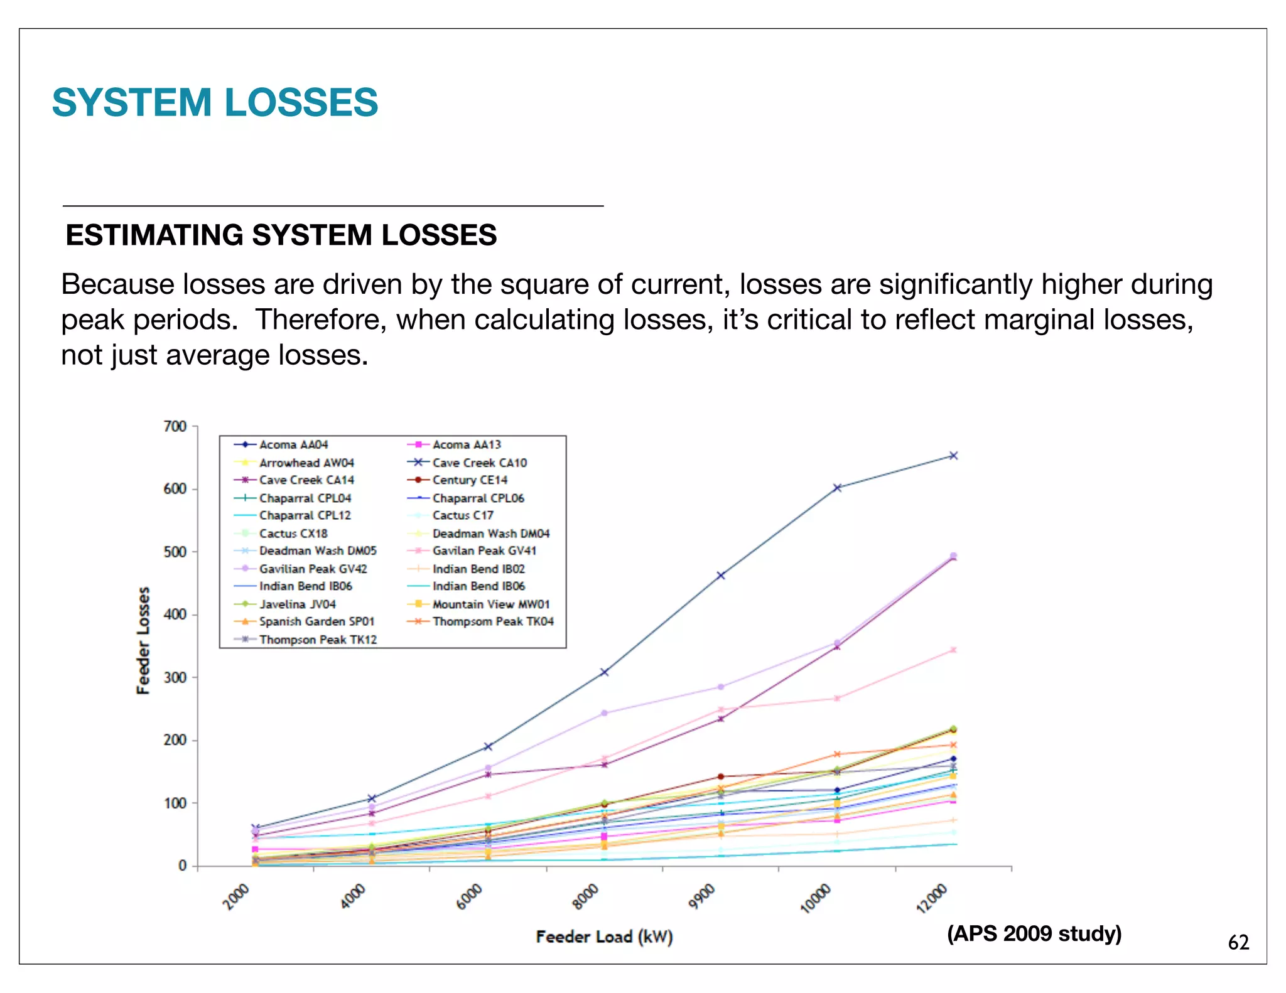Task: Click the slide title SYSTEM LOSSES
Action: click(215, 102)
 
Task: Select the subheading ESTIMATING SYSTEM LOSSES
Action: click(281, 235)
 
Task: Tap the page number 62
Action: click(1238, 942)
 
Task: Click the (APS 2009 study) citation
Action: click(1034, 933)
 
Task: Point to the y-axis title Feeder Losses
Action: click(144, 640)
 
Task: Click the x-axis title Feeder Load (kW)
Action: click(604, 937)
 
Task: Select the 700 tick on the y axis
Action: click(175, 427)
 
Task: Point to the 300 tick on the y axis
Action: click(175, 678)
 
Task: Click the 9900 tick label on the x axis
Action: click(702, 896)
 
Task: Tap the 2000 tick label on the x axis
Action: click(237, 896)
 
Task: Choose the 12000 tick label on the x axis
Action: click(931, 898)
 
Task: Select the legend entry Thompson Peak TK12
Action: click(318, 640)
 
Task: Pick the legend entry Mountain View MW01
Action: click(491, 604)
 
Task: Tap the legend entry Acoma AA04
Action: click(293, 444)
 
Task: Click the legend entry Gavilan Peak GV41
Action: click(484, 550)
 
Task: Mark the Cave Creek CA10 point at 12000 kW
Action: click(953, 456)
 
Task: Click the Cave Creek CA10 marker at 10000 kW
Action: click(837, 488)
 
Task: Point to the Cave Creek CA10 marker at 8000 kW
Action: click(604, 672)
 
